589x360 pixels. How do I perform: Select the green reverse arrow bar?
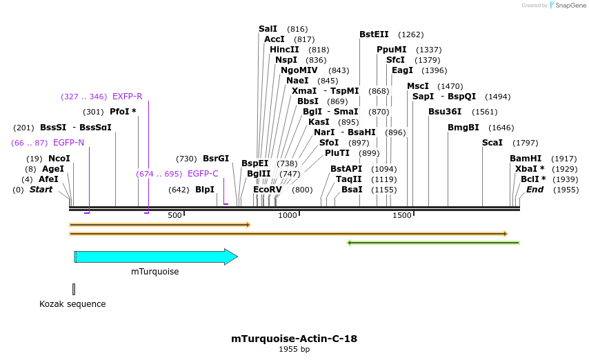point(432,243)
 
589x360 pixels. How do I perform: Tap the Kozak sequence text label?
point(72,303)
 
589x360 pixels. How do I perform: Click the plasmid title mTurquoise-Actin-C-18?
point(294,339)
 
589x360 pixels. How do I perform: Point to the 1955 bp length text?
point(294,350)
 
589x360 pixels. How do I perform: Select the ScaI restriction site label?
point(492,143)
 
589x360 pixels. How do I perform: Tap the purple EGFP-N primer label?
point(68,143)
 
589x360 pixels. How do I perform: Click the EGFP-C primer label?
point(203,174)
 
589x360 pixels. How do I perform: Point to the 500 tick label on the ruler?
point(175,216)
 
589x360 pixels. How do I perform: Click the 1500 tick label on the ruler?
point(402,216)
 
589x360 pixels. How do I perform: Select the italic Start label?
point(41,190)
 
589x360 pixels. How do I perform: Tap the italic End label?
point(535,190)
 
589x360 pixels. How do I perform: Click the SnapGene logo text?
point(572,6)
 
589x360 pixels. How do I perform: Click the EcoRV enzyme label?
point(268,190)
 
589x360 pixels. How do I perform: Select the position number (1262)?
point(411,34)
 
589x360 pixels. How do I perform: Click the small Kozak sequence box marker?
point(74,289)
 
